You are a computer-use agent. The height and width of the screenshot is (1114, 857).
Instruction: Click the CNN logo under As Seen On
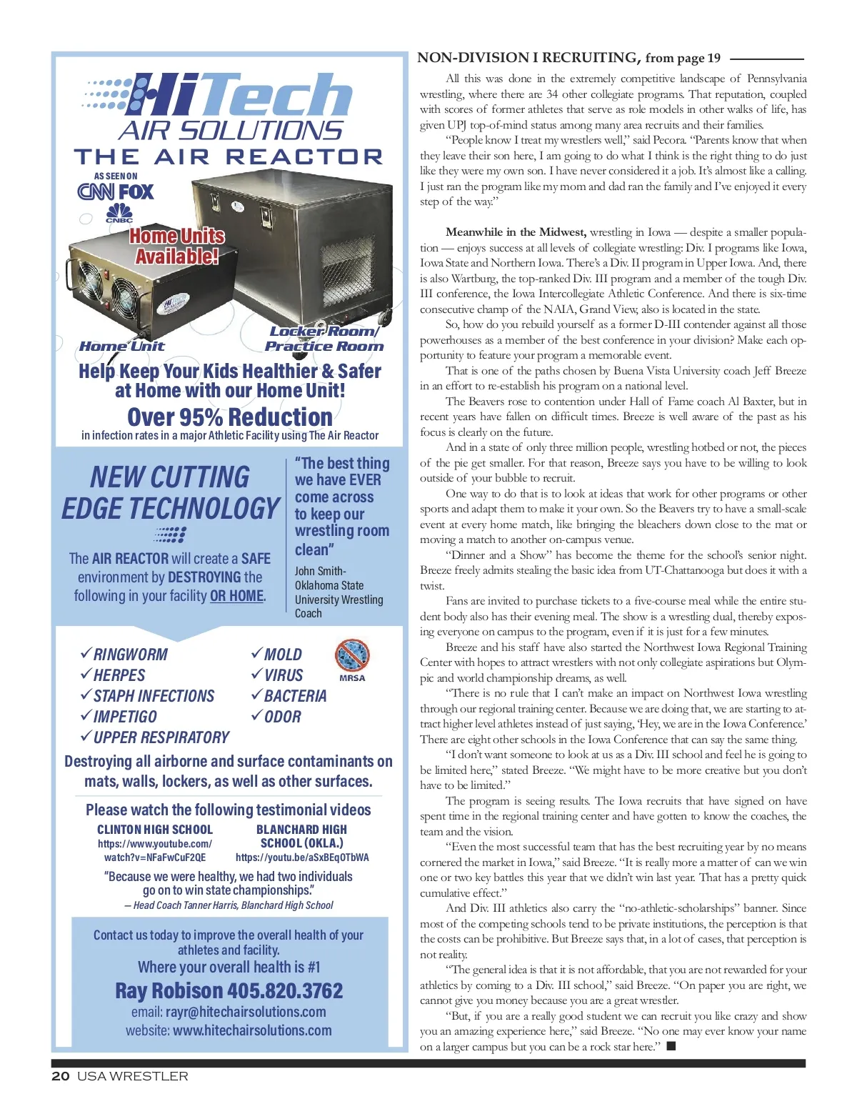pyautogui.click(x=96, y=192)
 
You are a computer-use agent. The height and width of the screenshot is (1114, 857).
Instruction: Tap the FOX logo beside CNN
pyautogui.click(x=136, y=192)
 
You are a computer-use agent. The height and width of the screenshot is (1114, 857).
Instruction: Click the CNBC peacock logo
pyautogui.click(x=119, y=212)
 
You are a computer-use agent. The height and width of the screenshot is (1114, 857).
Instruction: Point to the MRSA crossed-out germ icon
pyautogui.click(x=351, y=655)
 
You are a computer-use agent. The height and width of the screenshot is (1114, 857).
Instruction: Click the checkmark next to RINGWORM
pyautogui.click(x=86, y=654)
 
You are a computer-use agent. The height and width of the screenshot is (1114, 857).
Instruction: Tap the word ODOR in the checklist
pyautogui.click(x=283, y=717)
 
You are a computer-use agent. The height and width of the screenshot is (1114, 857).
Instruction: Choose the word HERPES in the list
pyautogui.click(x=119, y=675)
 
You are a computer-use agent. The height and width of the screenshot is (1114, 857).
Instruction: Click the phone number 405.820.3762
pyautogui.click(x=285, y=990)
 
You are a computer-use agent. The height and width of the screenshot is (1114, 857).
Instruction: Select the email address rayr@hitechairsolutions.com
pyautogui.click(x=246, y=1012)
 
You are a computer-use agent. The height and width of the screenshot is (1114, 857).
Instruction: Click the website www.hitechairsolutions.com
pyautogui.click(x=252, y=1030)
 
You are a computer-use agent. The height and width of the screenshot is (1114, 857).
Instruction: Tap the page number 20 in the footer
pyautogui.click(x=60, y=1076)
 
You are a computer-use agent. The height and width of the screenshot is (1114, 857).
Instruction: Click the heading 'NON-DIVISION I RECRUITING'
pyautogui.click(x=527, y=58)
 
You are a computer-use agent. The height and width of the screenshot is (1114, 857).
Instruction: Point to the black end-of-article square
pyautogui.click(x=671, y=1046)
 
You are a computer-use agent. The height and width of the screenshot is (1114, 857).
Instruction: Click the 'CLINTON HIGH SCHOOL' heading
pyautogui.click(x=155, y=830)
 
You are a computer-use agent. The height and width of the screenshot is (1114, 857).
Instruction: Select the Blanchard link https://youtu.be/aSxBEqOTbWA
pyautogui.click(x=302, y=857)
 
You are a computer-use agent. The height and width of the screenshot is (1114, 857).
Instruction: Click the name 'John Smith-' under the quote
pyautogui.click(x=320, y=571)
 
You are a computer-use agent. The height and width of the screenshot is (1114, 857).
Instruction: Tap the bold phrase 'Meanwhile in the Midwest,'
pyautogui.click(x=516, y=232)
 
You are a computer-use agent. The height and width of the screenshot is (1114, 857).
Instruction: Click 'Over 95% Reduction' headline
pyautogui.click(x=230, y=417)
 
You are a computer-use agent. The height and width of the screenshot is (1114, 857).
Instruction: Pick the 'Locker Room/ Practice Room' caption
pyautogui.click(x=324, y=339)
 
